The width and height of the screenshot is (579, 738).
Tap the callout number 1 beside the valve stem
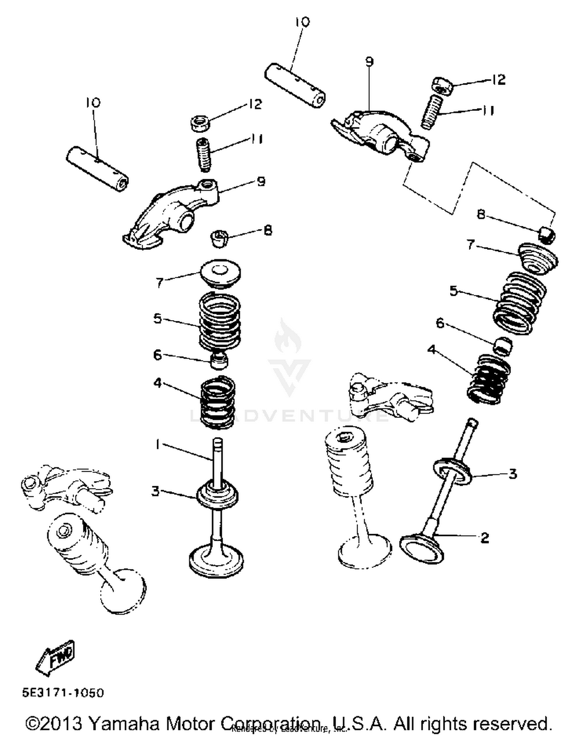coord(157,445)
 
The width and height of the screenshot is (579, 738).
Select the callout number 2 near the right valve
coord(485,537)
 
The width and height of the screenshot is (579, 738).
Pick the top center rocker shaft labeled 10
coord(295,85)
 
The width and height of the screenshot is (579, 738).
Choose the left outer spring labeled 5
coord(220,319)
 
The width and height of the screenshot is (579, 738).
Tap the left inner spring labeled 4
coord(218,402)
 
